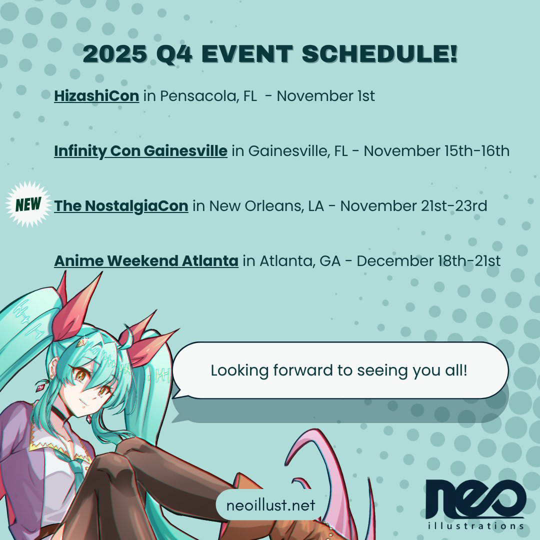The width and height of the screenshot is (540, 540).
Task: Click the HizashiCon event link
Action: tap(96, 95)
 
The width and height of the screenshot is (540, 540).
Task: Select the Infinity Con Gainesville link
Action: tap(140, 150)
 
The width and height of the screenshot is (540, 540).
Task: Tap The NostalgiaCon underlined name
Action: tap(121, 205)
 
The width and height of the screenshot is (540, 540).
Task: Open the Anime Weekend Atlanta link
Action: tap(146, 260)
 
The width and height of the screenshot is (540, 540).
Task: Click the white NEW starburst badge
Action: tap(28, 205)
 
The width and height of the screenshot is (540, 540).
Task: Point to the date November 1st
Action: tap(325, 95)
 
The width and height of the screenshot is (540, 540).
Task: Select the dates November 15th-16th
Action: tap(436, 150)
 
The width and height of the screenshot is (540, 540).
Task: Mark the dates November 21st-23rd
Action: tap(413, 205)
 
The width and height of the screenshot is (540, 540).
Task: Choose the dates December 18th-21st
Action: tap(428, 260)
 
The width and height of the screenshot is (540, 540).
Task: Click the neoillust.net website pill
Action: tap(270, 505)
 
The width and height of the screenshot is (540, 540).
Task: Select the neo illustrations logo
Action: tap(475, 502)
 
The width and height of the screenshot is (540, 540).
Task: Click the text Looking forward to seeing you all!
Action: tap(338, 370)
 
